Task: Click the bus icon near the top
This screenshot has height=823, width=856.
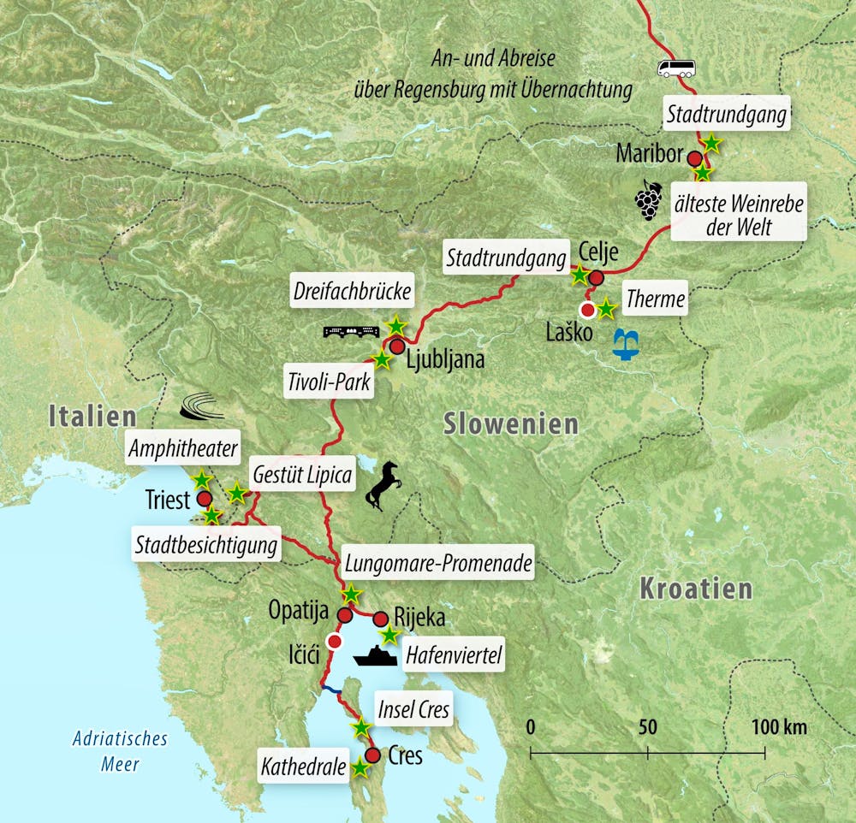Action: pyautogui.click(x=675, y=68)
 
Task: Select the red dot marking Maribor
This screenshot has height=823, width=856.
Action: pyautogui.click(x=695, y=158)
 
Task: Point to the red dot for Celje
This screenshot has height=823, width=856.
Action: pyautogui.click(x=596, y=276)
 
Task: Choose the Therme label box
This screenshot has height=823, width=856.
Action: pyautogui.click(x=655, y=299)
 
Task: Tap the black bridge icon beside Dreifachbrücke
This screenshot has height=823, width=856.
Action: pyautogui.click(x=352, y=331)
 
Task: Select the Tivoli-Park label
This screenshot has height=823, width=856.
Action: pyautogui.click(x=330, y=382)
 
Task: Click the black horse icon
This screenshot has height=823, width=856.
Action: pyautogui.click(x=383, y=486)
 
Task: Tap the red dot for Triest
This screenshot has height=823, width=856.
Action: pyautogui.click(x=205, y=499)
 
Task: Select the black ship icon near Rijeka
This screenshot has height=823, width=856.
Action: pyautogui.click(x=377, y=655)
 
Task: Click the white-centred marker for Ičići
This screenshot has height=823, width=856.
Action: pyautogui.click(x=335, y=642)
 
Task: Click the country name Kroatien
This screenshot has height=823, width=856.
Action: pyautogui.click(x=696, y=589)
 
